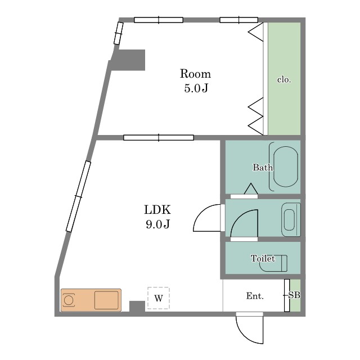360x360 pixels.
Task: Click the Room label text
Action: [195, 74]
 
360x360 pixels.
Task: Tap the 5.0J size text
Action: [196, 88]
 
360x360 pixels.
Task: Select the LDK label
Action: [157, 210]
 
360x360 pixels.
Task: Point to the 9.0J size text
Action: [157, 224]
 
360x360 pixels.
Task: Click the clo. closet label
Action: [284, 80]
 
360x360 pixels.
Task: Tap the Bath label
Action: [263, 168]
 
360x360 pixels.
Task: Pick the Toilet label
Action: [263, 259]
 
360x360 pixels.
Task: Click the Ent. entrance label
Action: [255, 296]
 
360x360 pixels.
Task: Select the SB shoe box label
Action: [294, 295]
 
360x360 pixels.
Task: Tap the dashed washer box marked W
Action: [159, 298]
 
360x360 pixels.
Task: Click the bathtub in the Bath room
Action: [286, 167]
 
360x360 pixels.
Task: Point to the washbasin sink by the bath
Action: [291, 220]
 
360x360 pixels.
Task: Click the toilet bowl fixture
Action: [273, 263]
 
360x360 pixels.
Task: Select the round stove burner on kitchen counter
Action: [69, 300]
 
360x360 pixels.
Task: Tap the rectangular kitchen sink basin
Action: [106, 300]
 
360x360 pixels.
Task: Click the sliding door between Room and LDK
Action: [159, 138]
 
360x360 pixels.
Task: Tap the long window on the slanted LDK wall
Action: [78, 196]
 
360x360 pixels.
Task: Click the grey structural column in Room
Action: [129, 60]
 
